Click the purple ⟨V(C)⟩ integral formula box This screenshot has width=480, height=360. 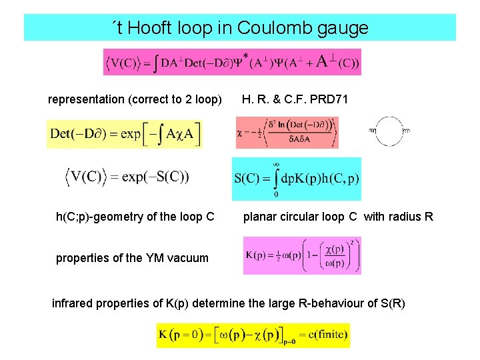click(232, 63)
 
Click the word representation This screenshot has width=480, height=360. click(86, 99)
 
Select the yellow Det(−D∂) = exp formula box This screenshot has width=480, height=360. click(125, 134)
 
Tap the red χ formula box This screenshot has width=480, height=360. click(287, 133)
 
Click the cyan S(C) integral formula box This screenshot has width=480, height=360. click(296, 179)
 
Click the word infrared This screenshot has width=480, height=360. click(75, 304)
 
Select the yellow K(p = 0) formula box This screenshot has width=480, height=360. click(253, 335)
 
